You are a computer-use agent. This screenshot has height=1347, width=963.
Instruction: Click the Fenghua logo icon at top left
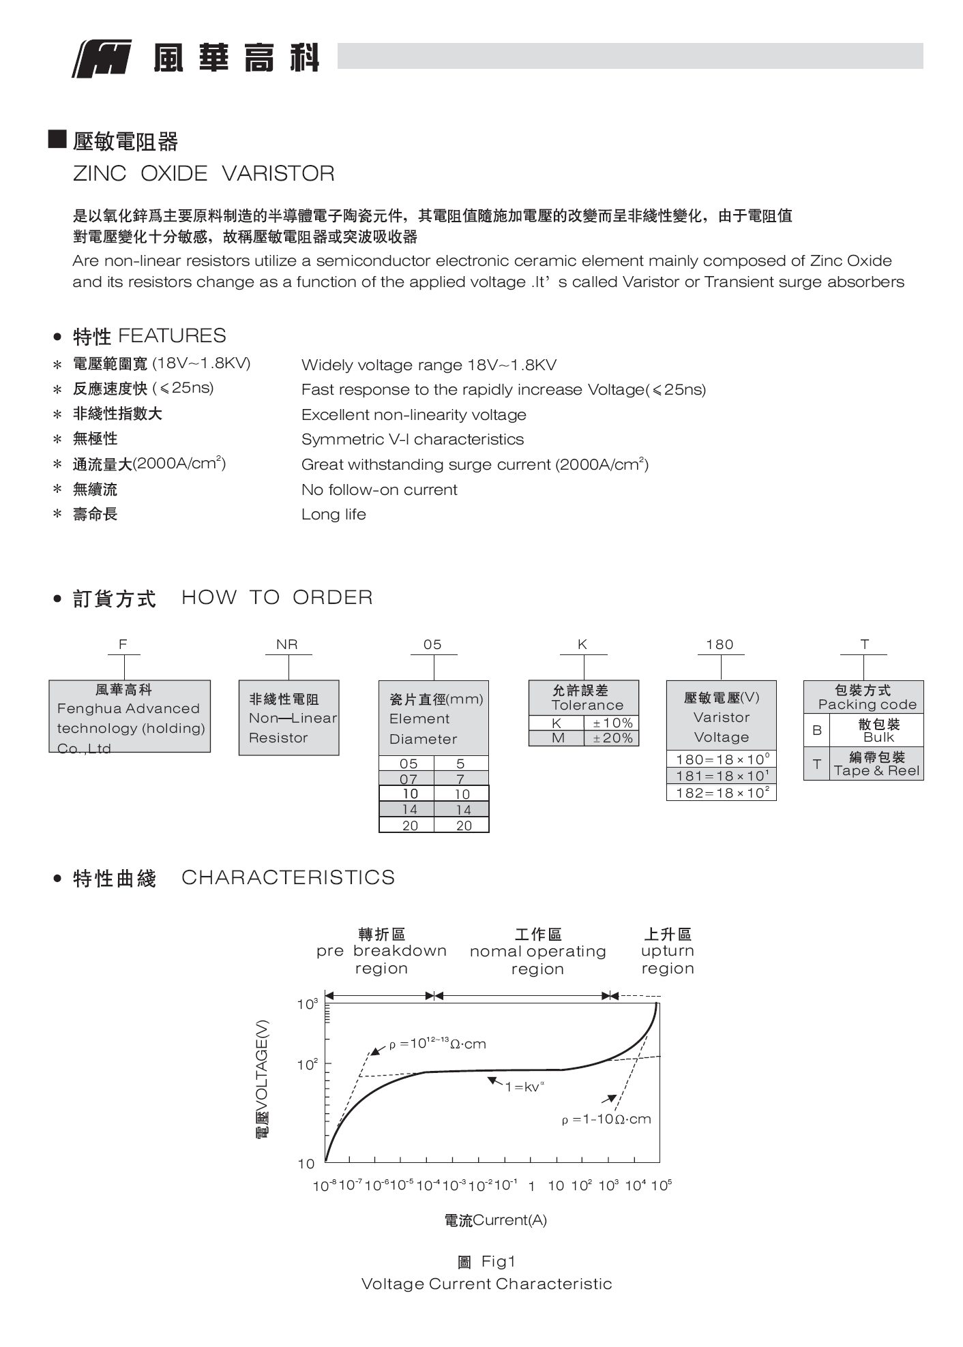[102, 59]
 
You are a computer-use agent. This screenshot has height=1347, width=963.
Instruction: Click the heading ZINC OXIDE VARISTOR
[203, 174]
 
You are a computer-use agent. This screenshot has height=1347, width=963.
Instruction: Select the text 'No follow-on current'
[379, 489]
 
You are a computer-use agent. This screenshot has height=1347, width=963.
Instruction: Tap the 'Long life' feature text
[334, 515]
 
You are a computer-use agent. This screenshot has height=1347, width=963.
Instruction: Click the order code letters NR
[287, 644]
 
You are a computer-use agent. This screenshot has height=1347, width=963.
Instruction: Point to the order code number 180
[720, 644]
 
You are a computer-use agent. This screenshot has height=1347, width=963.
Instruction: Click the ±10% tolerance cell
[612, 723]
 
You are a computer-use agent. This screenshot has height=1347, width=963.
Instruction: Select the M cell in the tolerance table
[557, 738]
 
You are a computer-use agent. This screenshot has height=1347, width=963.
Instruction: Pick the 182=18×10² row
[722, 793]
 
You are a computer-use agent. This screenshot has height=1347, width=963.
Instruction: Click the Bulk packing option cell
[877, 731]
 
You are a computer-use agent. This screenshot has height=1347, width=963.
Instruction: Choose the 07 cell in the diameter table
[408, 778]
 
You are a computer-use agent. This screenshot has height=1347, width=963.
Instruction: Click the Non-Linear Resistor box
[288, 718]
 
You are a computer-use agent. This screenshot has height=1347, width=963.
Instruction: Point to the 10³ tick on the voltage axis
[308, 1004]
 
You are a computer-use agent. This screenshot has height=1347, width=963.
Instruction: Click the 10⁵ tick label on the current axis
[661, 1185]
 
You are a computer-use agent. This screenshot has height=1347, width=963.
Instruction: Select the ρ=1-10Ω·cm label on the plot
[606, 1119]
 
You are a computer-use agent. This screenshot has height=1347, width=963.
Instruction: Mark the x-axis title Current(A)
[496, 1220]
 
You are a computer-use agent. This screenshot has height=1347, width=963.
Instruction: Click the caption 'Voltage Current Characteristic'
[486, 1284]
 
